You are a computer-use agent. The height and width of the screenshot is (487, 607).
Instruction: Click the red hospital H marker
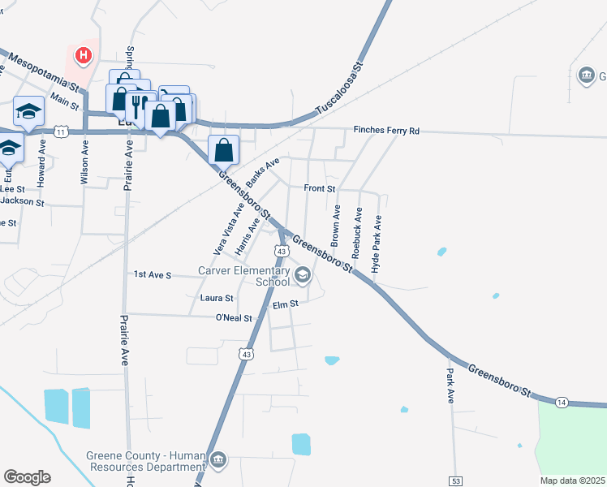(x=82, y=56)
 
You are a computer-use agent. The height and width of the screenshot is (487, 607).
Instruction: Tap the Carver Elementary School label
(x=244, y=276)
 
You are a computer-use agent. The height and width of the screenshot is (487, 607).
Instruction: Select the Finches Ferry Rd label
(x=386, y=131)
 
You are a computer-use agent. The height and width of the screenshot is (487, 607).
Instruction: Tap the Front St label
(x=320, y=188)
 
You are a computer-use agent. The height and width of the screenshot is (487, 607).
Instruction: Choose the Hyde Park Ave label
(x=376, y=243)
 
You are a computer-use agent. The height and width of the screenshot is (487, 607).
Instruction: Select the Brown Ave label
(x=335, y=225)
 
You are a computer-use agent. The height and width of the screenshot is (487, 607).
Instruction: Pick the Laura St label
(x=217, y=299)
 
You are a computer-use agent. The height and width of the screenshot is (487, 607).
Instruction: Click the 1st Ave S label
(x=153, y=275)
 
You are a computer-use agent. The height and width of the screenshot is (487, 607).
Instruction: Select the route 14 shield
(x=561, y=402)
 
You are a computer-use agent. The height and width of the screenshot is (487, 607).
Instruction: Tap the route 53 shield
(x=455, y=481)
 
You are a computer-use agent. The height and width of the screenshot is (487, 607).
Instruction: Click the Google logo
(x=27, y=477)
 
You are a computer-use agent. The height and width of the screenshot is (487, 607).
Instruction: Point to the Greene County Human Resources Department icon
(x=218, y=460)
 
